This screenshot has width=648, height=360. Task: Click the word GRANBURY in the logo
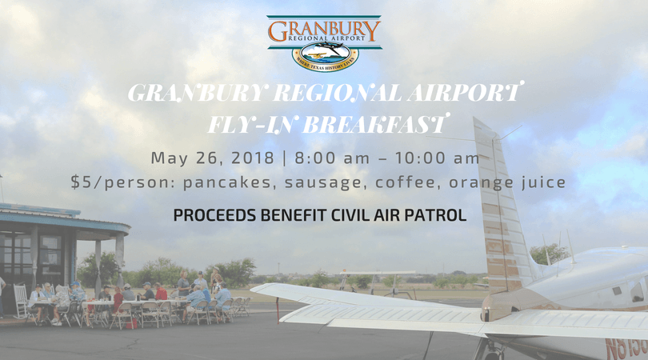click(x=324, y=30)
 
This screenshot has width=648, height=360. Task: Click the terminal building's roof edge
click(x=64, y=219)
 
